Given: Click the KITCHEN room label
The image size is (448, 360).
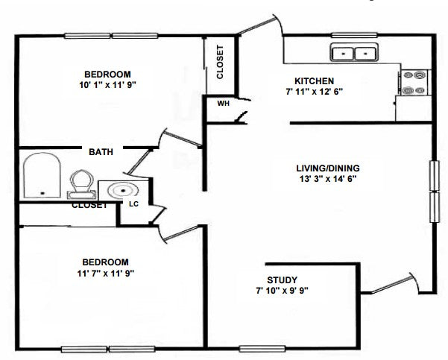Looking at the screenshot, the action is tap(314, 81).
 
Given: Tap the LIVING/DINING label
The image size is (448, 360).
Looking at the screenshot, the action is tap(328, 168).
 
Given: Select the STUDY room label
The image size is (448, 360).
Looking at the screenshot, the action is tap(282, 280).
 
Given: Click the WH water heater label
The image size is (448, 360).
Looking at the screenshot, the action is tap(223, 103).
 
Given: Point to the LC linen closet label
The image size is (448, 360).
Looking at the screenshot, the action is tap(133, 204).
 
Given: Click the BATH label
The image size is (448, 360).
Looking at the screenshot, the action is tap(101, 152).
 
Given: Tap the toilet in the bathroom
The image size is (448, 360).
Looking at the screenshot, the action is tap(82, 185).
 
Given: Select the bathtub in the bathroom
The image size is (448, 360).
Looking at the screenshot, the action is tap(42, 175).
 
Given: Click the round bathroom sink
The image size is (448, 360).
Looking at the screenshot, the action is tap(123, 190).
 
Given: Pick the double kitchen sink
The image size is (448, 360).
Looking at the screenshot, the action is tap(354, 52).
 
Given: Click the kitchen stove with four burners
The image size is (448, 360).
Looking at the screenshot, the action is tap(414, 83).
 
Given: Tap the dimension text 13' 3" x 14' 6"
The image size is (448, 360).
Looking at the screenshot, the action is tap(328, 179).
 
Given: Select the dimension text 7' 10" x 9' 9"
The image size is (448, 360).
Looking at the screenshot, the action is tap(282, 291).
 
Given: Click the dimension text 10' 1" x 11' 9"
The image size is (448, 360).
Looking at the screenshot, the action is tap(107, 85).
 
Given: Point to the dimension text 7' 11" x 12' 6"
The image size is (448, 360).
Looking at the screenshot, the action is tap(314, 92).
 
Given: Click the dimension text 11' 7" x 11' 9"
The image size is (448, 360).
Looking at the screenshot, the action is tap(105, 274).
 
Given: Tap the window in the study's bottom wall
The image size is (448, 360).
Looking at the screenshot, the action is tap(262, 349).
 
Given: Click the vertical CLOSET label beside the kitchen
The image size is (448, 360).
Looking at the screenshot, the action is tap(220, 62).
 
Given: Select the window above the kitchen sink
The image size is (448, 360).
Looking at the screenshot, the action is tap(354, 36).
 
